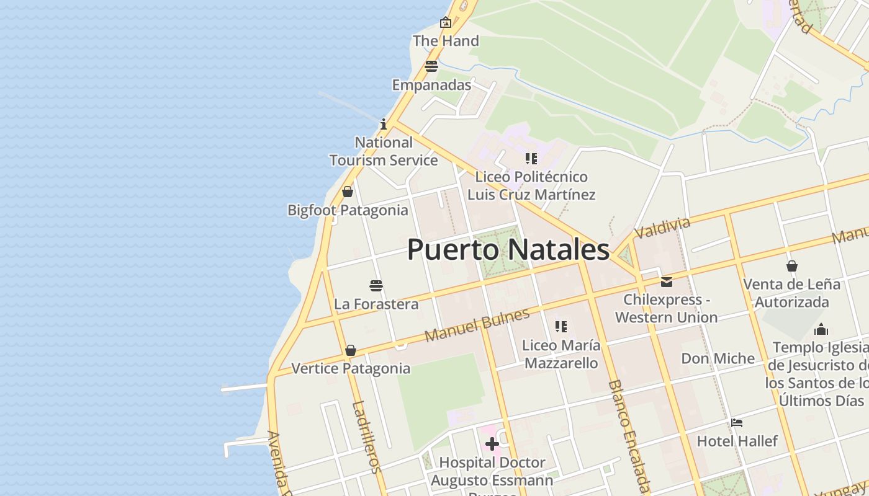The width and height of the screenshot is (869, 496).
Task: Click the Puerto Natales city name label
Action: click(508, 250)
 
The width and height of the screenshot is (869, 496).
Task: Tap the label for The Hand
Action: click(446, 41)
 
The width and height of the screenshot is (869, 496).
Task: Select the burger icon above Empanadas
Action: click(431, 66)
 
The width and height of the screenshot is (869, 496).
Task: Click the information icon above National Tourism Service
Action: click(384, 124)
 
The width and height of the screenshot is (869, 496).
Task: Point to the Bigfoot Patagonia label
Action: click(348, 210)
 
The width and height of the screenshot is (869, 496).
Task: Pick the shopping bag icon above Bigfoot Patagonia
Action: click(348, 192)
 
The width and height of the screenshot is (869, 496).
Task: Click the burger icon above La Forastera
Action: click(376, 286)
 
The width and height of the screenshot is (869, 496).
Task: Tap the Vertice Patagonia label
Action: click(351, 368)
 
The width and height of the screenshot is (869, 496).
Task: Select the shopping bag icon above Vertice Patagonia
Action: click(351, 351)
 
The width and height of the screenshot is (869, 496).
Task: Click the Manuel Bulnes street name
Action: click(477, 325)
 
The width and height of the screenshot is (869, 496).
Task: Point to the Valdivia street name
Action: click(662, 228)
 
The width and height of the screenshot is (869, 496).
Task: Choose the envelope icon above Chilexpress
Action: click(667, 282)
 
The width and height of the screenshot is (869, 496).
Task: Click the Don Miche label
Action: click(718, 358)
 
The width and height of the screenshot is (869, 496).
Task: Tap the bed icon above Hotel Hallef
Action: click(737, 423)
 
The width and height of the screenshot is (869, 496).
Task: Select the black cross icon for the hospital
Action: click(492, 444)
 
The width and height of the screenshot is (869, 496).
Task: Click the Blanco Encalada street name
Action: click(629, 436)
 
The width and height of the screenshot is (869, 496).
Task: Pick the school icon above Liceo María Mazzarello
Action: click(561, 327)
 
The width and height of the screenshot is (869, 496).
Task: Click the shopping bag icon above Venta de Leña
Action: click(792, 266)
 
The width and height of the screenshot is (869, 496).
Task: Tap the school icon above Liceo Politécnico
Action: click(531, 159)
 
